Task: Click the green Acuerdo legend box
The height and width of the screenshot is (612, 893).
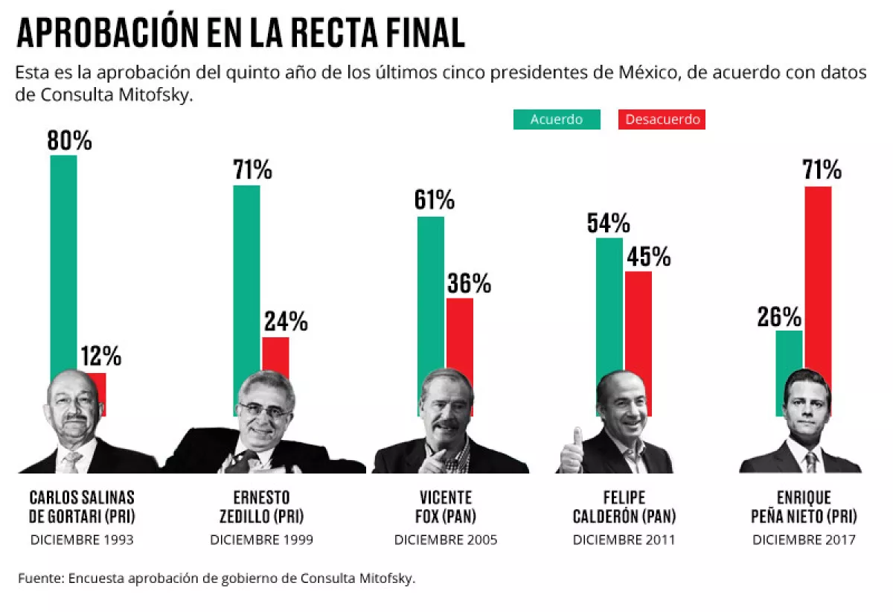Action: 556,119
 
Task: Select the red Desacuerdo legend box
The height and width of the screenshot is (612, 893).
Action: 662,119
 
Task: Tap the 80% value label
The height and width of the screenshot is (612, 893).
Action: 69,141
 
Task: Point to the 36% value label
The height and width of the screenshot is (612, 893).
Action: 469,283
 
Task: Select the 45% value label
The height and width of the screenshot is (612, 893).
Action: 648,257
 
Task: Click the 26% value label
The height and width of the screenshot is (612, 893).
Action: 779,317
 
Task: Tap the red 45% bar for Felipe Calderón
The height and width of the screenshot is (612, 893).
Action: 638,328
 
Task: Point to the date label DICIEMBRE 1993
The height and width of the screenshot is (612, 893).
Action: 82,540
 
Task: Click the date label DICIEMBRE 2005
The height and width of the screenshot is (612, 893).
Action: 445,540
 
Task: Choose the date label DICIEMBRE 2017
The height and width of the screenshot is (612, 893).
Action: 804,540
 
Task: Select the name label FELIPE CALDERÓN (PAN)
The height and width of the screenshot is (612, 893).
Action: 624,506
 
